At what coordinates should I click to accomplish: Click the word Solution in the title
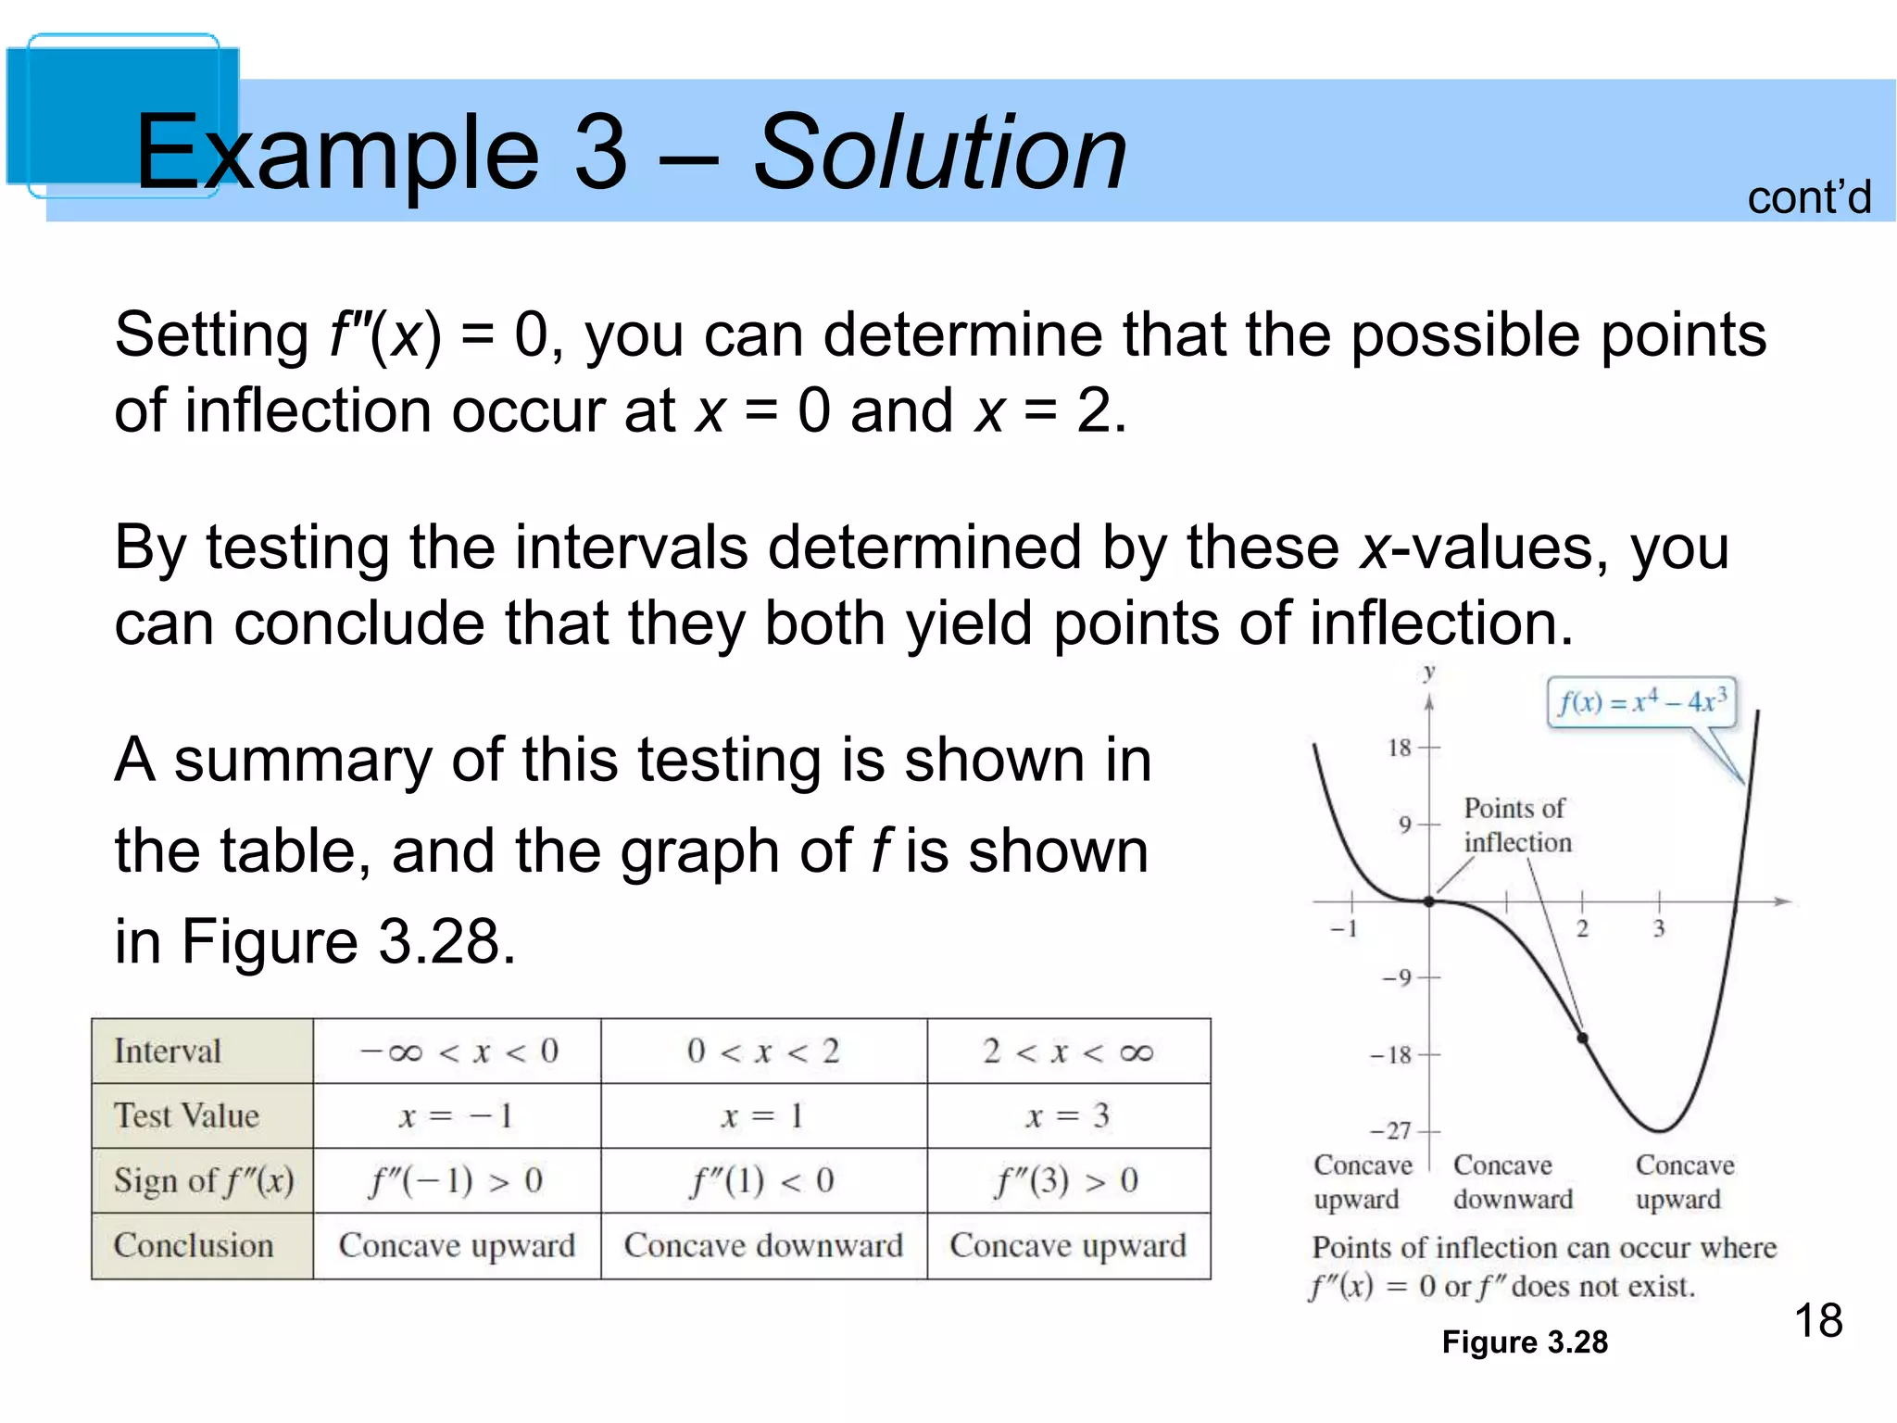(939, 154)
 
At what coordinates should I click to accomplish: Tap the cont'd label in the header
(1809, 198)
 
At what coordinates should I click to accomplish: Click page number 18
(1818, 1320)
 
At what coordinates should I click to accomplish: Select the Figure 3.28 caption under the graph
(1525, 1342)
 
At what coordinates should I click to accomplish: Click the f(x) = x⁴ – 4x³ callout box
(1641, 701)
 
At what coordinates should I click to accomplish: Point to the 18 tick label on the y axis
(1400, 748)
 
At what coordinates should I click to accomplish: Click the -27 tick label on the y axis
(1392, 1131)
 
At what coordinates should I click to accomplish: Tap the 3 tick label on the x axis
(1659, 929)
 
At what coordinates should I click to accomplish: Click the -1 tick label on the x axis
(1345, 929)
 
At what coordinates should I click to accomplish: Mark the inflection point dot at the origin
(1429, 901)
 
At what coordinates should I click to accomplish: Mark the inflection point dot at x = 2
(1583, 1039)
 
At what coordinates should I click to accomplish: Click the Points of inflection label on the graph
(1517, 825)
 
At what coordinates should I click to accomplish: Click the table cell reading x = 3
(1068, 1116)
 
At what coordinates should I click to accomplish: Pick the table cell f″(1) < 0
(763, 1181)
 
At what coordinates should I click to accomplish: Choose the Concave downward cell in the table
(763, 1246)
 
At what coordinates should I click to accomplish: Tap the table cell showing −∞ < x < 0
(458, 1052)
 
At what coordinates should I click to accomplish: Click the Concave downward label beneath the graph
(1513, 1182)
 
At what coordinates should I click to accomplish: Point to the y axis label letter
(1429, 674)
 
